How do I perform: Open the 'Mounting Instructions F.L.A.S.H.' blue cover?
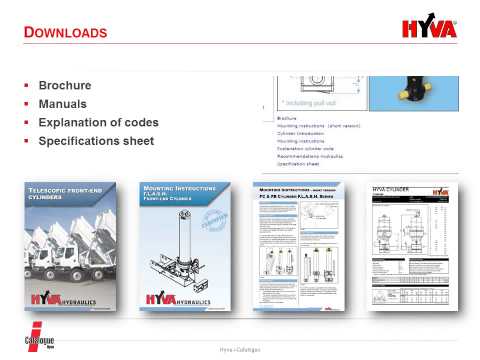(181, 249)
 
